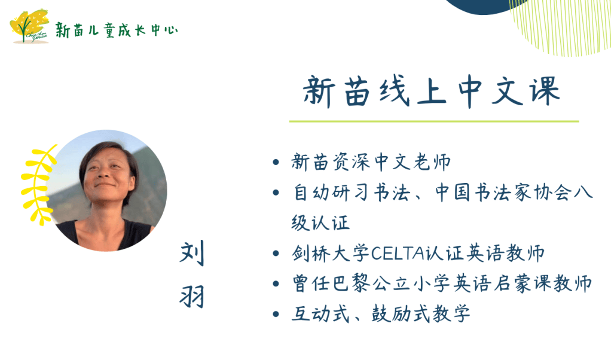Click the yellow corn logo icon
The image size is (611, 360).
click(30, 26)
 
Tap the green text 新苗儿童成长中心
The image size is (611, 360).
click(117, 30)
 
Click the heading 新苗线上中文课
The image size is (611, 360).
click(432, 91)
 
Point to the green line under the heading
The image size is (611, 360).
click(434, 121)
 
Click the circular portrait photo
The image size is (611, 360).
click(106, 191)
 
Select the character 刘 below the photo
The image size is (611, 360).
click(192, 253)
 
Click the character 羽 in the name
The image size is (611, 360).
click(192, 296)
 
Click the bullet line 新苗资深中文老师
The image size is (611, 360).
click(371, 162)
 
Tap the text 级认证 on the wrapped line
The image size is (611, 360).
click(320, 223)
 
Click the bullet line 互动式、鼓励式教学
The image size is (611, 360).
click(381, 313)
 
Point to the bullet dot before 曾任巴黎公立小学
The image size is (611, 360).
click(276, 283)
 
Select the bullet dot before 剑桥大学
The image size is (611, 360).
click(276, 254)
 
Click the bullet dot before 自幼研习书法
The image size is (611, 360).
click(276, 193)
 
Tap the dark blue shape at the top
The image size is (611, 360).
click(483, 6)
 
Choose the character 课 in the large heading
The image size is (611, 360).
click(545, 91)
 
